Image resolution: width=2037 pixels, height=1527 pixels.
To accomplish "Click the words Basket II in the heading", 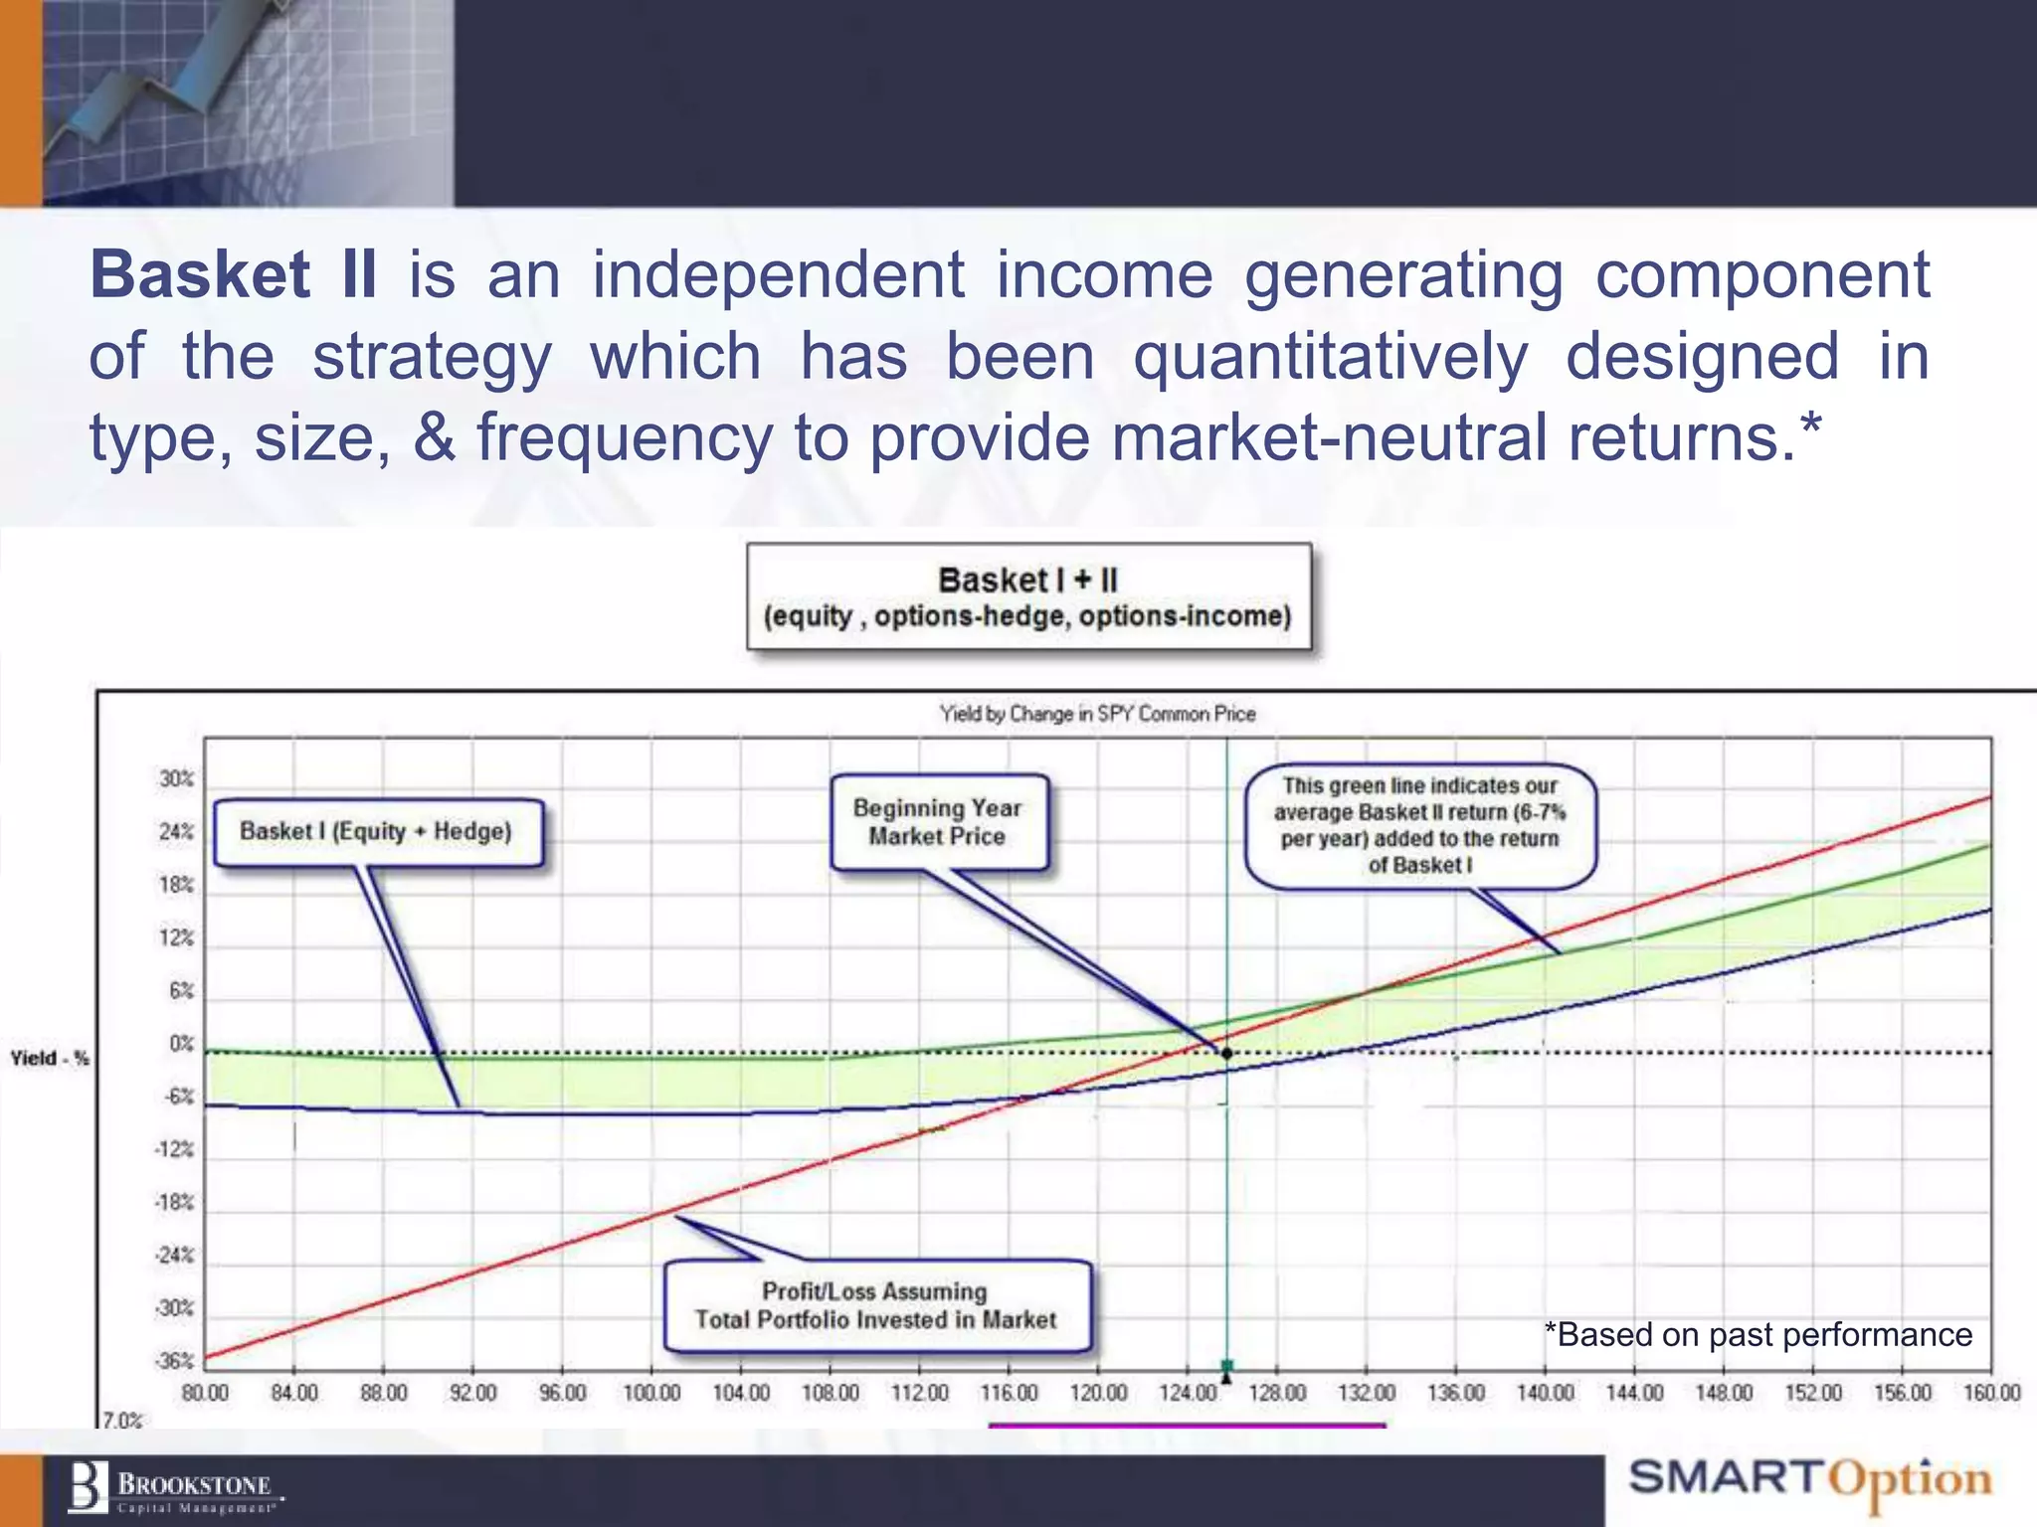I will pos(234,275).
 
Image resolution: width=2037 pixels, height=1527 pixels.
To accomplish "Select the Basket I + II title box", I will pos(1028,596).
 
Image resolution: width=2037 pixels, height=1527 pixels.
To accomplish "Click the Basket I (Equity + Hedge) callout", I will pos(378,832).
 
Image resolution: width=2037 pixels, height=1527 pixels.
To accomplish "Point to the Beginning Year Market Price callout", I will pos(938,822).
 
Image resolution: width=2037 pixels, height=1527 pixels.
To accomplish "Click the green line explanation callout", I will pos(1419,825).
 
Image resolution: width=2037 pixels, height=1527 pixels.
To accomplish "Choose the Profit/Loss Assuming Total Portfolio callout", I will pos(876,1305).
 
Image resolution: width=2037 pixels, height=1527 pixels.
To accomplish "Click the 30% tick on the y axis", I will pos(176,778).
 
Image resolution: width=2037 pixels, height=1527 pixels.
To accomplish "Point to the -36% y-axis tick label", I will pos(174,1361).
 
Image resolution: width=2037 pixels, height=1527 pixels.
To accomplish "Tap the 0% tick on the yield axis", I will pos(181,1044).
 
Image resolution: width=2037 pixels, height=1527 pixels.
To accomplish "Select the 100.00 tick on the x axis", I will pos(651,1393).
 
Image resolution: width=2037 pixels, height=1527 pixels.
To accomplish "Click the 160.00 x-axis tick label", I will pos(1991,1393).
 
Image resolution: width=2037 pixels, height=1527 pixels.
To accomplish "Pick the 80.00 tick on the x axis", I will pos(205,1393).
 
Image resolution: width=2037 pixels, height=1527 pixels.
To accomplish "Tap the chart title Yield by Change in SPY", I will pos(1097,714).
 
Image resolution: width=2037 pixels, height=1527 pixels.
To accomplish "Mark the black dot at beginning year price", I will pos(1226,1053).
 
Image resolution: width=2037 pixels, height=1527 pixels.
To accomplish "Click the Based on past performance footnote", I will pos(1758,1334).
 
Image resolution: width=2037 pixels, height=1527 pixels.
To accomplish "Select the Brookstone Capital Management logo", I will pos(174,1488).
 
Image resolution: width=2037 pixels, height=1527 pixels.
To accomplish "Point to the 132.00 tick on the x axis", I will pos(1366,1393).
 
